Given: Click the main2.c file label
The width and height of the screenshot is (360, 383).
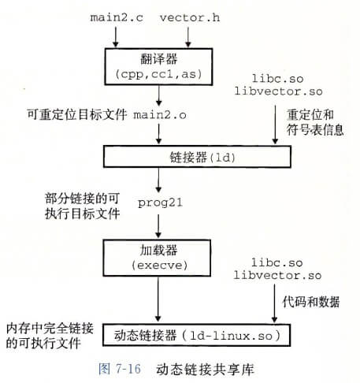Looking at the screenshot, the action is (x=117, y=17).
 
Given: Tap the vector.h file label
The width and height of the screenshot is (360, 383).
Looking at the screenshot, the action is (x=190, y=17).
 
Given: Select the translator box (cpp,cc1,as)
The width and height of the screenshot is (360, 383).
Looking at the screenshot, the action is (x=158, y=66).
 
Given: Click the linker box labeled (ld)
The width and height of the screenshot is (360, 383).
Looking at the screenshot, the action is (x=197, y=157).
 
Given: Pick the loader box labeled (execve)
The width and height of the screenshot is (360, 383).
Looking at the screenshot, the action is (x=157, y=258).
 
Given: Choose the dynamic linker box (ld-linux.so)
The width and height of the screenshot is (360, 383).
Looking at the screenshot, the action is (x=197, y=335).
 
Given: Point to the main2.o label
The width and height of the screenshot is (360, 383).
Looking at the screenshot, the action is (x=160, y=115).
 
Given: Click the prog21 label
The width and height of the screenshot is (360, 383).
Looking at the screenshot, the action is (x=160, y=203).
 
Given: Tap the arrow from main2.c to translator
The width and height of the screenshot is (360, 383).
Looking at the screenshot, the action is (x=116, y=37).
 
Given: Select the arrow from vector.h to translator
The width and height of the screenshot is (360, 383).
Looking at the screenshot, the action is (x=188, y=37).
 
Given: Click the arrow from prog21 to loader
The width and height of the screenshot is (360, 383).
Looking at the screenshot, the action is (x=158, y=226).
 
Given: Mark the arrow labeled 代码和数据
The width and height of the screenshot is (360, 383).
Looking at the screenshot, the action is (x=274, y=303).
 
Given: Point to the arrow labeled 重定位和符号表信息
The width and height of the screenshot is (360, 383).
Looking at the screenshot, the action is (x=275, y=125).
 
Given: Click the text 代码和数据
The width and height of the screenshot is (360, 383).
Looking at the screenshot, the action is (x=311, y=302).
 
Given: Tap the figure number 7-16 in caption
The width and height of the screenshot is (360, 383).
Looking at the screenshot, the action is (x=128, y=369).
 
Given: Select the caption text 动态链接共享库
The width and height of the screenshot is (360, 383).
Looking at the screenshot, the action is (x=205, y=369).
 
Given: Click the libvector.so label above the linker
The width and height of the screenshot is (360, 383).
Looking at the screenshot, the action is (x=278, y=91).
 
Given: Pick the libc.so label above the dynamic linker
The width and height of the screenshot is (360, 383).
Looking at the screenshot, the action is (x=277, y=262).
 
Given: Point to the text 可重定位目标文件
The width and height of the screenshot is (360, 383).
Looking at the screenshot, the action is (x=76, y=115).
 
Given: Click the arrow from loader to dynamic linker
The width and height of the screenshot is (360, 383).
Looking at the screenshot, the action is (x=158, y=299).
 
